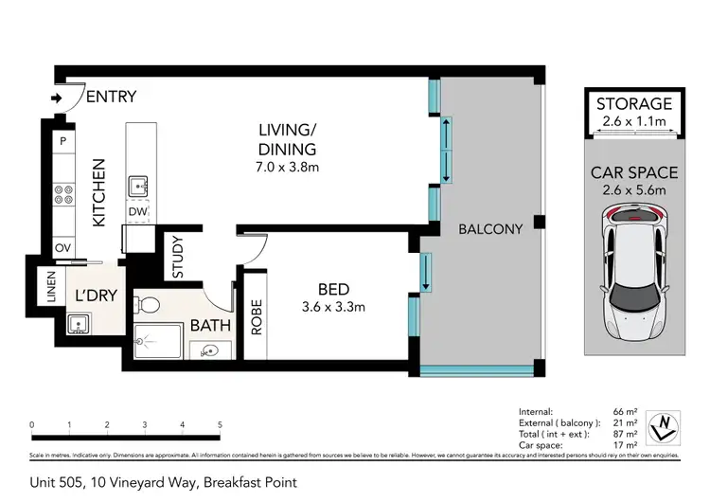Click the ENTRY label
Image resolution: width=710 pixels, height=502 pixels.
[112, 96]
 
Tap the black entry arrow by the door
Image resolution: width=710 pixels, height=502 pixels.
[57, 97]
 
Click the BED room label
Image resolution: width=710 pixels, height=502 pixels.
[333, 289]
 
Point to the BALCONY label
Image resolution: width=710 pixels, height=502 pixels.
[490, 229]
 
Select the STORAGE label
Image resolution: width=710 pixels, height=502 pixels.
[634, 103]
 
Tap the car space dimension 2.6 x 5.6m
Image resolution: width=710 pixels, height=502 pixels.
[634, 190]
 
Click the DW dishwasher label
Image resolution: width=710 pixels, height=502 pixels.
[138, 212]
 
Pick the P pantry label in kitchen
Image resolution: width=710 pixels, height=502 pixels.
[63, 141]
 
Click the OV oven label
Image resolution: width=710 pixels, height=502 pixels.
[64, 247]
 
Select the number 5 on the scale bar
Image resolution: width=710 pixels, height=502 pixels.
[220, 423]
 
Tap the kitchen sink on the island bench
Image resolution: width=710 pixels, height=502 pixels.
[138, 183]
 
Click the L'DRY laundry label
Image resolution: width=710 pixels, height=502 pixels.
[95, 296]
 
